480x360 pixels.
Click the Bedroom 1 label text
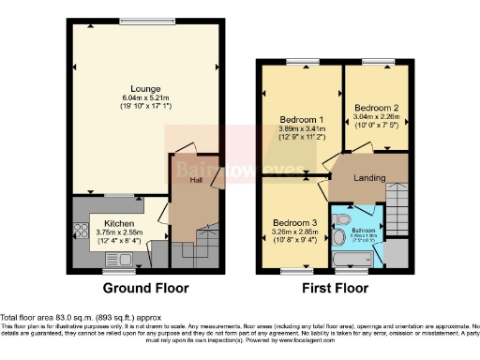click(x=301, y=120)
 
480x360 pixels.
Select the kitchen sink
click(x=119, y=258)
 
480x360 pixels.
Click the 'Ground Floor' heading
click(x=145, y=288)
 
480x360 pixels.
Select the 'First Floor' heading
click(x=333, y=288)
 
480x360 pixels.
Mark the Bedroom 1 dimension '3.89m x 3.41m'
click(x=302, y=129)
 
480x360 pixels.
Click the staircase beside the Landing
click(x=397, y=202)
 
